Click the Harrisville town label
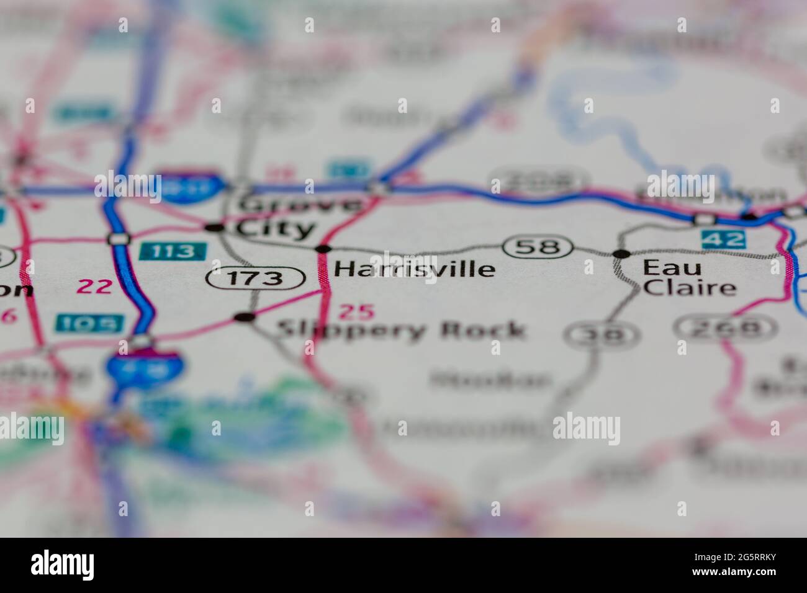415,269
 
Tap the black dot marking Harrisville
323,249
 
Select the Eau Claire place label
689,277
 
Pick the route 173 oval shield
256,279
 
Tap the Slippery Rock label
401,330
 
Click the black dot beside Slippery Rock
246,317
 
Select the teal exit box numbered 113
173,251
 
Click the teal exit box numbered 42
723,239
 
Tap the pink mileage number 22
94,286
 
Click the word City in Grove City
276,229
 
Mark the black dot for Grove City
214,228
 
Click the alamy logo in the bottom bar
63,564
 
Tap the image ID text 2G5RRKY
751,559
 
